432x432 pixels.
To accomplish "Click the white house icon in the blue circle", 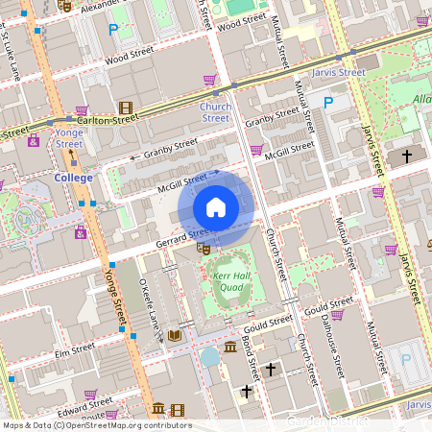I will (x=216, y=207).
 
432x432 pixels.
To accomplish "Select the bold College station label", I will (x=73, y=178).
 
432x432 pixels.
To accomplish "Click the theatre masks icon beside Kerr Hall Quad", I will (x=203, y=248).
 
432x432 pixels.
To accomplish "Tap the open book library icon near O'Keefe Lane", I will (x=175, y=335).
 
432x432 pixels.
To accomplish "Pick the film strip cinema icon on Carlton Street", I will (x=125, y=108).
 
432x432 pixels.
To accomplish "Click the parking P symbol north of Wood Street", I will (x=113, y=31).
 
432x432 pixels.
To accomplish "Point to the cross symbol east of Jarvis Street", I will (x=406, y=155).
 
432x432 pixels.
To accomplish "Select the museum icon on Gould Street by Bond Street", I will (x=230, y=347).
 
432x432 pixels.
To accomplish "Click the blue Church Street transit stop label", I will (x=215, y=112).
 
